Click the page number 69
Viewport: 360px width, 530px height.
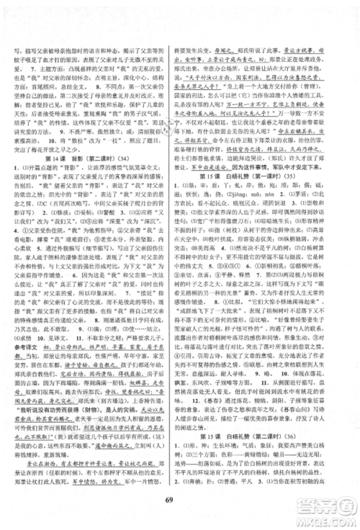179,501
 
